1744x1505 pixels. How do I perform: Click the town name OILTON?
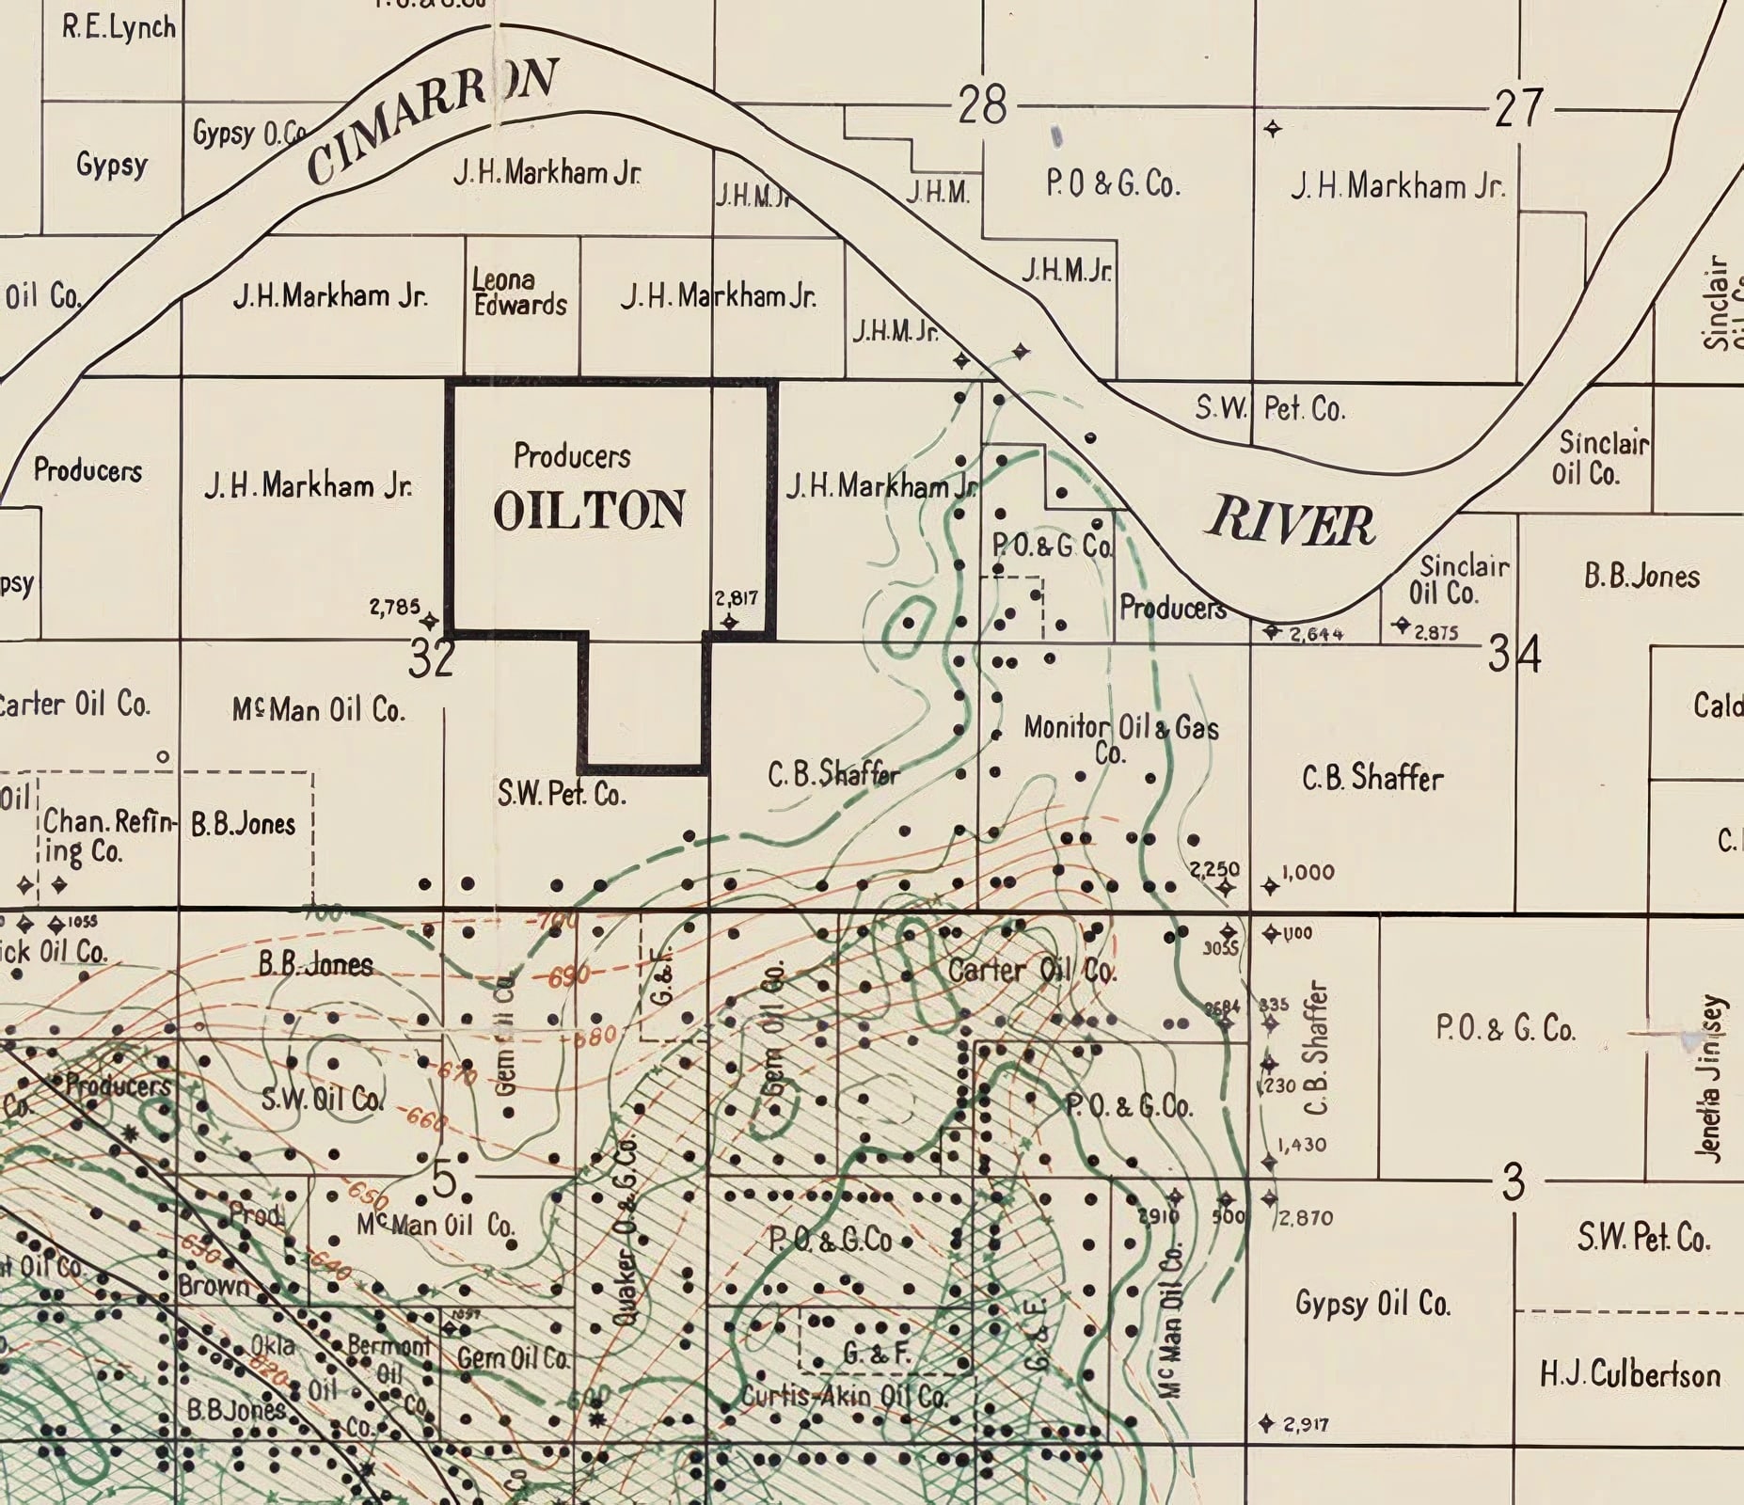589,511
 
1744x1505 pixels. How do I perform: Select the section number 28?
982,104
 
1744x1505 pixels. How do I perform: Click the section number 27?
1518,107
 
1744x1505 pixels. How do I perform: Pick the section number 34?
1514,655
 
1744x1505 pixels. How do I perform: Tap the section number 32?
432,658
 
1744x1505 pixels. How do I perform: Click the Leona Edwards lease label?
519,293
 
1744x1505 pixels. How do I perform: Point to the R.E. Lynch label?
119,26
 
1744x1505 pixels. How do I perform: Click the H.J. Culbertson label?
1629,1375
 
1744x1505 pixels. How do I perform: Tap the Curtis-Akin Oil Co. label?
844,1396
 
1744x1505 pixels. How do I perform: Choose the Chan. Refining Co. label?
108,835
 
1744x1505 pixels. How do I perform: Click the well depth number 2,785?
394,607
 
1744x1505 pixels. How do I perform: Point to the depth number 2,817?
737,598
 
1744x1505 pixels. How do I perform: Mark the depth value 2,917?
1306,1424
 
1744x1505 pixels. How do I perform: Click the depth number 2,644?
1316,634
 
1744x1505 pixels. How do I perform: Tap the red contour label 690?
569,976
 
